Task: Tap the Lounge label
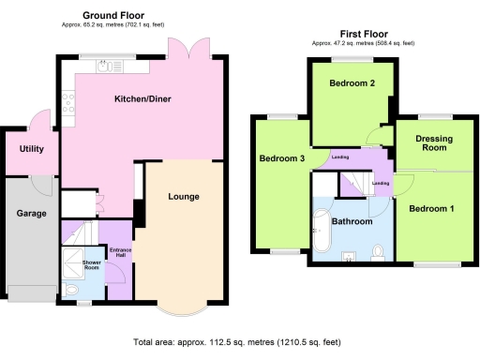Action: click(183, 197)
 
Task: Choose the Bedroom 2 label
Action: click(352, 83)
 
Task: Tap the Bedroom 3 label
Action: click(282, 158)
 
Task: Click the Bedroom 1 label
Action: click(432, 207)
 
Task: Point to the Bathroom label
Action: click(352, 221)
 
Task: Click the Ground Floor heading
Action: click(112, 16)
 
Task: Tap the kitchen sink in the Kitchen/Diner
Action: click(105, 66)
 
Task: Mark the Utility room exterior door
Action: click(37, 121)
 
